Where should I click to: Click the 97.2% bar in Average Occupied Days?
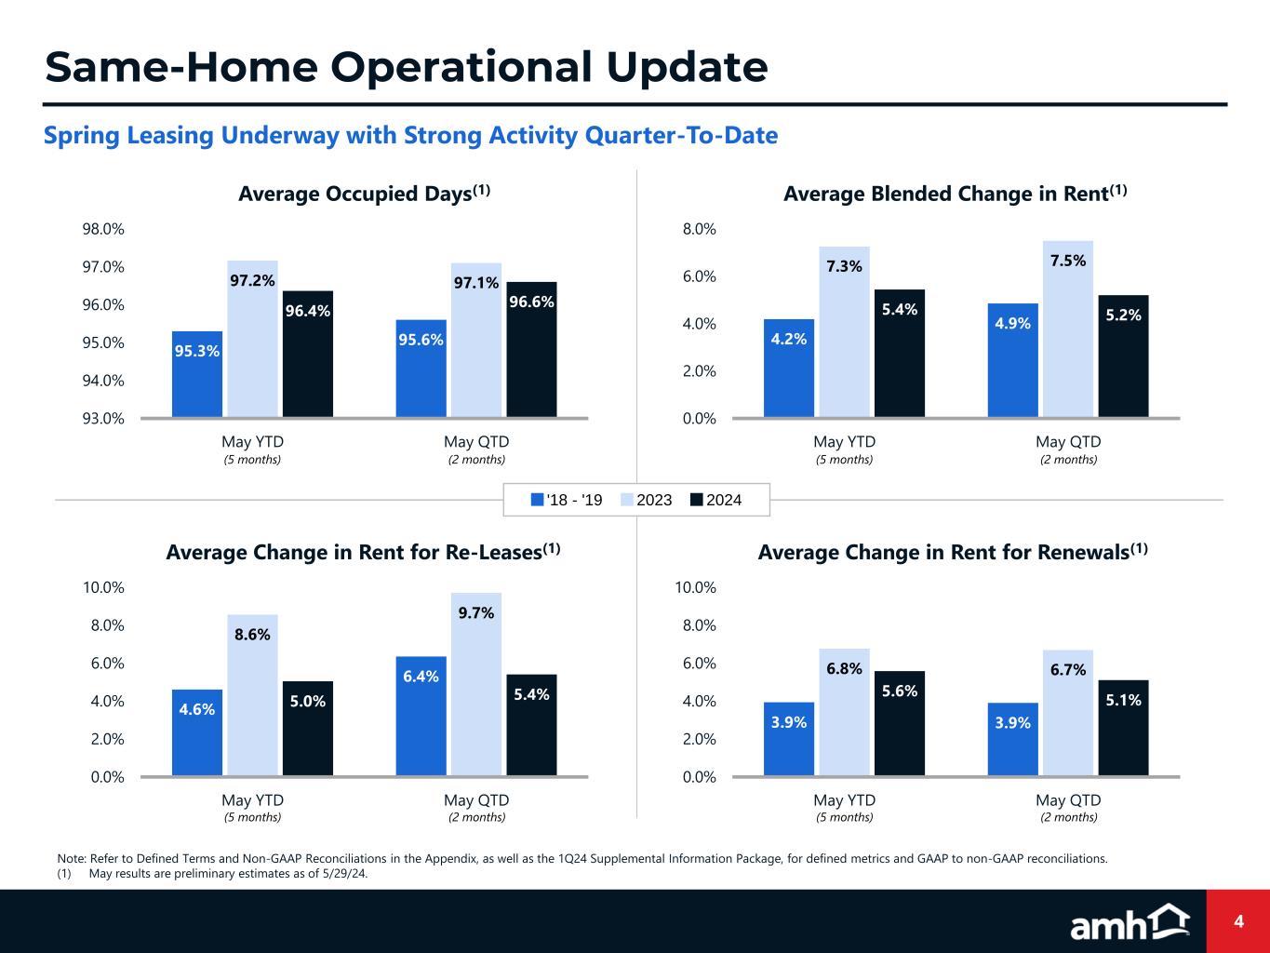[252, 339]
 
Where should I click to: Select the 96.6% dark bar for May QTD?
[531, 349]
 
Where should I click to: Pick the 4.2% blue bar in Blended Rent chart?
[788, 368]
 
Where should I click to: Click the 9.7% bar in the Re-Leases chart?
[475, 684]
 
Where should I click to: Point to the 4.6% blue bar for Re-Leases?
[196, 732]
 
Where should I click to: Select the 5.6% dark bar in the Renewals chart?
[899, 723]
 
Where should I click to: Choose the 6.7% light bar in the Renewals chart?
[1067, 712]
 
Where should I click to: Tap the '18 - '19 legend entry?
[567, 500]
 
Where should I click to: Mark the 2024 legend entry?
[716, 500]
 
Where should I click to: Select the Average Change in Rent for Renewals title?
[953, 552]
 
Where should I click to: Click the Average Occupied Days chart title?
[364, 194]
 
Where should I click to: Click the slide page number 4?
[1238, 921]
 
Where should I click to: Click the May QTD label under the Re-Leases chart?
[476, 800]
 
